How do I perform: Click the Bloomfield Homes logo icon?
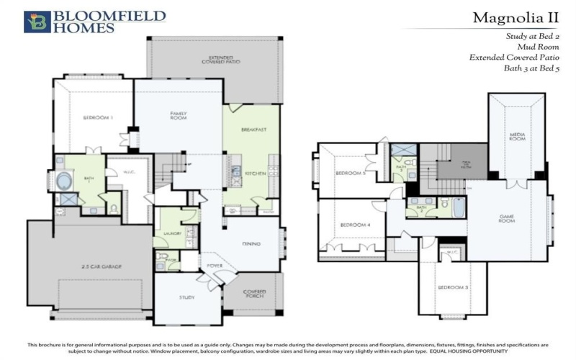[x=37, y=22]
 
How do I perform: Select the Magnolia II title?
[x=512, y=17]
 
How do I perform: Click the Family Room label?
[x=178, y=115]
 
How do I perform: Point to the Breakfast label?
[x=254, y=130]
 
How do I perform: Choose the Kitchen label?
[x=256, y=174]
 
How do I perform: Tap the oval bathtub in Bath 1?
[x=65, y=179]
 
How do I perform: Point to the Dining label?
[x=251, y=243]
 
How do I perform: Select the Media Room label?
[x=516, y=137]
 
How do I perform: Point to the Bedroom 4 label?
[x=354, y=225]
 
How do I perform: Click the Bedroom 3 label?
[x=453, y=287]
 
